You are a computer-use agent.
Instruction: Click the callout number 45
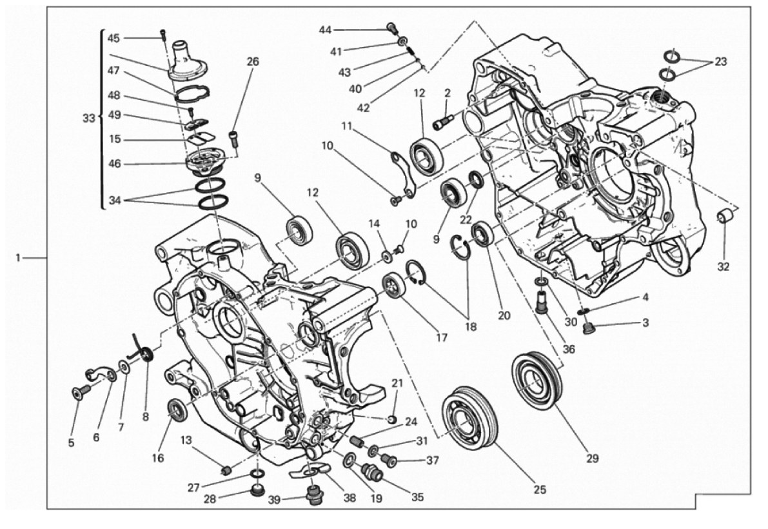coord(113,38)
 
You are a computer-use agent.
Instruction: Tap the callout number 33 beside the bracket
coord(90,119)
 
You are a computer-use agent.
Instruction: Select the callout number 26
coord(252,62)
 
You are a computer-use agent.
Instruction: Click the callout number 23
coord(721,63)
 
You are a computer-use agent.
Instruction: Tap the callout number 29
coord(593,459)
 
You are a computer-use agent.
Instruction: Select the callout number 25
coord(540,490)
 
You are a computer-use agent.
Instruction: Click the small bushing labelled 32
coord(726,216)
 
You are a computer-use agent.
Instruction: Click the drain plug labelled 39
coord(315,497)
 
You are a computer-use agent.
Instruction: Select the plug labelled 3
coord(587,331)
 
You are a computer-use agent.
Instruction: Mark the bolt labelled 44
coord(391,27)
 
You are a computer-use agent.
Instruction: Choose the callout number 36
coord(568,350)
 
